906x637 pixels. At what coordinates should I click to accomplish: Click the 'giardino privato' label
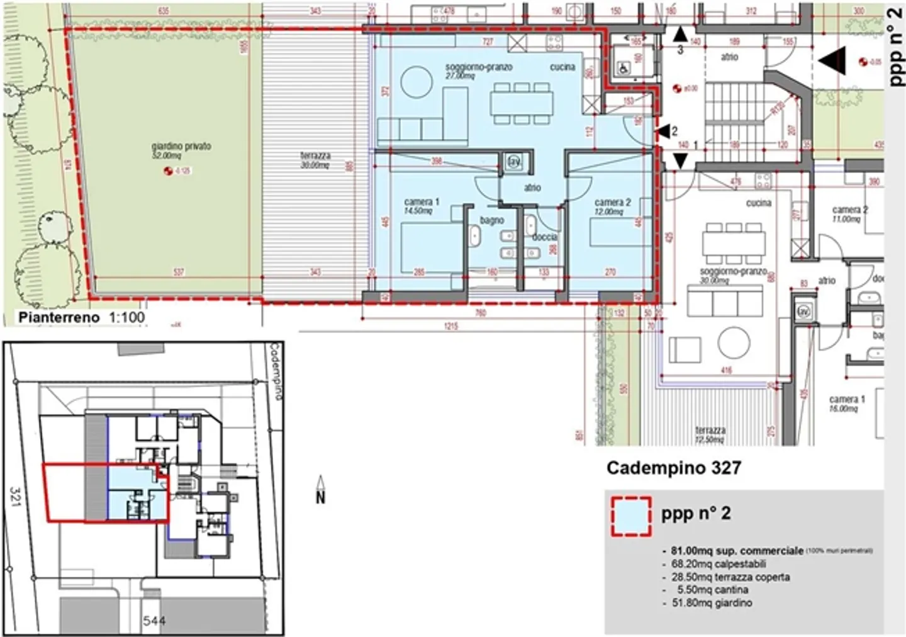click(181, 146)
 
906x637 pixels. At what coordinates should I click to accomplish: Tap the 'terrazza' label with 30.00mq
click(315, 156)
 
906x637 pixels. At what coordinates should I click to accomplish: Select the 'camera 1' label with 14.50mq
click(421, 202)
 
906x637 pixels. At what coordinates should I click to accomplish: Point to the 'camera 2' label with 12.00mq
click(612, 203)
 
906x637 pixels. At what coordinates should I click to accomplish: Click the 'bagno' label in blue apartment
click(491, 220)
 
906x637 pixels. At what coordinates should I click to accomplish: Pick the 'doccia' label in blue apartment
click(545, 237)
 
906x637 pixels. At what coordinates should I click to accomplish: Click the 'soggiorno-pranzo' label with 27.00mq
click(478, 67)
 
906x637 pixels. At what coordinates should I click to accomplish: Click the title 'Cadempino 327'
click(673, 468)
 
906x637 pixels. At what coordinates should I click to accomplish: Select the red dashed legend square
click(631, 517)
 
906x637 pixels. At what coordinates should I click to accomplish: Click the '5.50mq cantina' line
click(712, 590)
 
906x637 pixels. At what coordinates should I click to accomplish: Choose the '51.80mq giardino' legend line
click(711, 603)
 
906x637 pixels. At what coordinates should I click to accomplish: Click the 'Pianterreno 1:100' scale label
click(81, 317)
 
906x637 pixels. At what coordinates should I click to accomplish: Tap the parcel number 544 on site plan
click(154, 621)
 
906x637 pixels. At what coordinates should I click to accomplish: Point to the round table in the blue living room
click(415, 82)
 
